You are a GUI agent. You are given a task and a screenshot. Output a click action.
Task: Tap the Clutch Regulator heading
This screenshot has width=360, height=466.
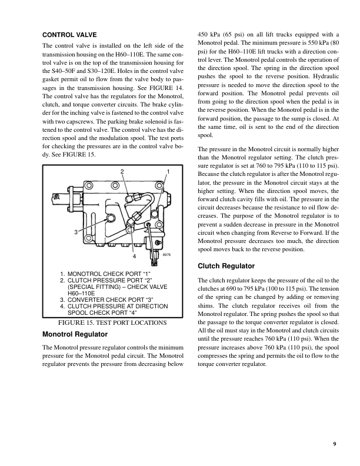226,266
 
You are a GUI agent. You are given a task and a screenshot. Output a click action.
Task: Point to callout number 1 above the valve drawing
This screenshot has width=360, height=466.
168,171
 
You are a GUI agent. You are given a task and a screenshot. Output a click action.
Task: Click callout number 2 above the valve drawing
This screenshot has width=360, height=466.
122,171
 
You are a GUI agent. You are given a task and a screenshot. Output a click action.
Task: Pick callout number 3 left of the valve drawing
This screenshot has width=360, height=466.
76,232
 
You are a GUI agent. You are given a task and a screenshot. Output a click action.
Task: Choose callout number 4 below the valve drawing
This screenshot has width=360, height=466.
134,257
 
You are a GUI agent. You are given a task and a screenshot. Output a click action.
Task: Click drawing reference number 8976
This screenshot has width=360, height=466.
166,255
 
